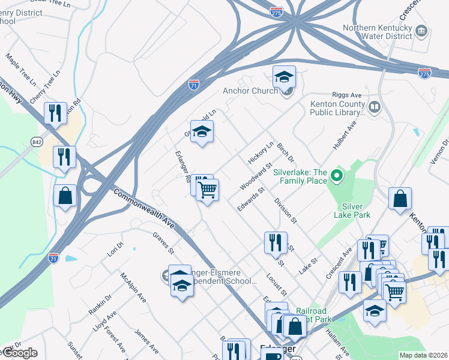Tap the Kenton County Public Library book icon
[x=375, y=107]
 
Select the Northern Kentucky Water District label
[x=377, y=33]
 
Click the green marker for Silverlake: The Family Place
[x=337, y=176]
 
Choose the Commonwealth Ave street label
[x=144, y=210]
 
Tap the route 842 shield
[x=37, y=140]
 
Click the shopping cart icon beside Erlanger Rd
[x=208, y=191]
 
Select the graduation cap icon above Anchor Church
[x=284, y=76]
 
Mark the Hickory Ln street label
[x=261, y=152]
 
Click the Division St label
[x=286, y=211]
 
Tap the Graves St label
[x=163, y=242]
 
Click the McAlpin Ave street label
[x=133, y=287]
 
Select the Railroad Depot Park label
[x=311, y=316]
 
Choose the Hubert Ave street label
[x=343, y=135]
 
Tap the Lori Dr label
[x=115, y=248]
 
